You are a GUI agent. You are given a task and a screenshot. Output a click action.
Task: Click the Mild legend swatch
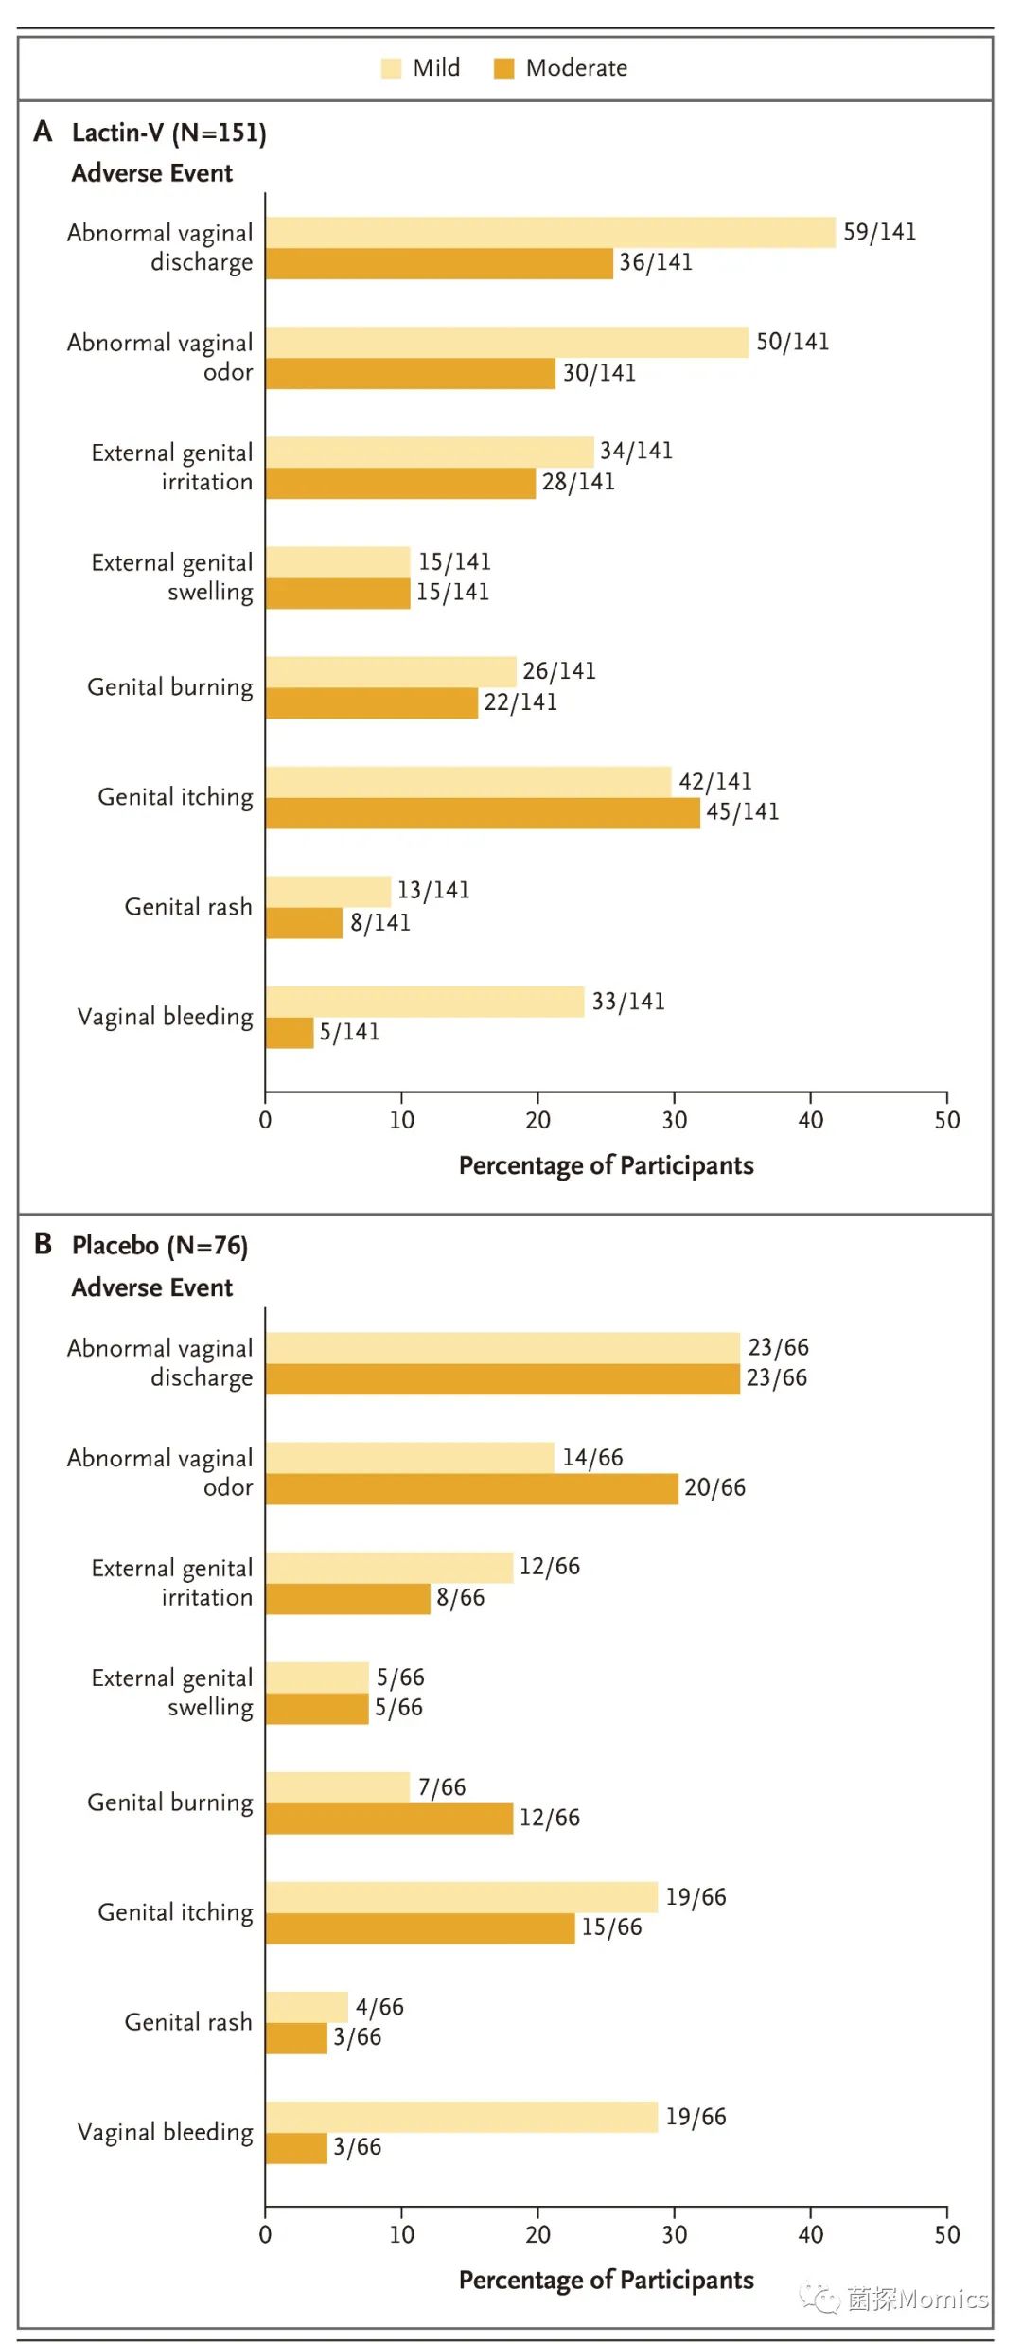click(x=391, y=68)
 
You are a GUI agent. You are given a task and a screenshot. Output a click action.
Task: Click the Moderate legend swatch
click(x=503, y=68)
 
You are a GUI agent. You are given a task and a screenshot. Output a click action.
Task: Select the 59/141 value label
click(x=879, y=232)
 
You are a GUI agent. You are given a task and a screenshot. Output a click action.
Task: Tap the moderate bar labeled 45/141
click(x=483, y=813)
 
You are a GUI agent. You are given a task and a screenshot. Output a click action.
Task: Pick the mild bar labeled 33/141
click(x=424, y=1002)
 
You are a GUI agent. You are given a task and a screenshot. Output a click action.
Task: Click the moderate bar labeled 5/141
click(x=290, y=1033)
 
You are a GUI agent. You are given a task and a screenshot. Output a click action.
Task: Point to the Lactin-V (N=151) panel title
click(x=168, y=133)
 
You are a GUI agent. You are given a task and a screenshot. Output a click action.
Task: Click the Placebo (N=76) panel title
click(x=159, y=1245)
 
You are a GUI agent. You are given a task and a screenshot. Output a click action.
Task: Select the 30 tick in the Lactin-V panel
click(x=674, y=1120)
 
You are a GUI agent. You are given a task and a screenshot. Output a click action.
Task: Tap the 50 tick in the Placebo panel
click(x=946, y=2234)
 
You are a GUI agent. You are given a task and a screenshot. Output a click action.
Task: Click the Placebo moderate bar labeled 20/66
click(x=471, y=1488)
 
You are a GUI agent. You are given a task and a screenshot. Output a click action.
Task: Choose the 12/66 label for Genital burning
click(x=549, y=1818)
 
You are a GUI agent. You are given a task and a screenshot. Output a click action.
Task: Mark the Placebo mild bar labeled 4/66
click(x=307, y=2007)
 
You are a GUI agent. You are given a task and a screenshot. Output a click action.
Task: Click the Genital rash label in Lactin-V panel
click(x=188, y=907)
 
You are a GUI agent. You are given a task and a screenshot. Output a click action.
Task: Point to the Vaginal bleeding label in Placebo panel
click(x=165, y=2132)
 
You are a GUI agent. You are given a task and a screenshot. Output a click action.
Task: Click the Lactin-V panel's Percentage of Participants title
click(x=606, y=1165)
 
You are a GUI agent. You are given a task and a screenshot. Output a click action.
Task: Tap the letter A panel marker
click(x=43, y=132)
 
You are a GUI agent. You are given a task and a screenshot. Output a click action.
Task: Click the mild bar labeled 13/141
click(x=327, y=892)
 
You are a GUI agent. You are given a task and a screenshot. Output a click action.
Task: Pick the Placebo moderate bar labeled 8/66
click(x=347, y=1599)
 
